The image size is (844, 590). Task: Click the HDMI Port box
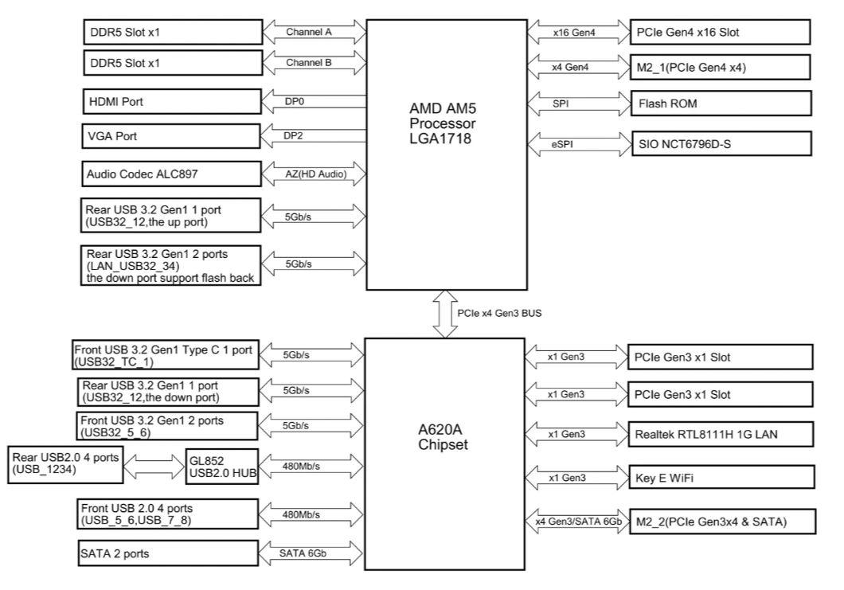coord(172,102)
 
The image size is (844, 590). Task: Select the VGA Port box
coord(172,136)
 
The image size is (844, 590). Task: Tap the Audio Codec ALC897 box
coord(172,172)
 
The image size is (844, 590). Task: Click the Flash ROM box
coord(721,103)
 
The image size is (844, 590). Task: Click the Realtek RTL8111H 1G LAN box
coord(721,434)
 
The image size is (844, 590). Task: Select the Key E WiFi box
coord(721,477)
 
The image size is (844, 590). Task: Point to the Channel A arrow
coord(314,33)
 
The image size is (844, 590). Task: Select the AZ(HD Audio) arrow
coord(314,172)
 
